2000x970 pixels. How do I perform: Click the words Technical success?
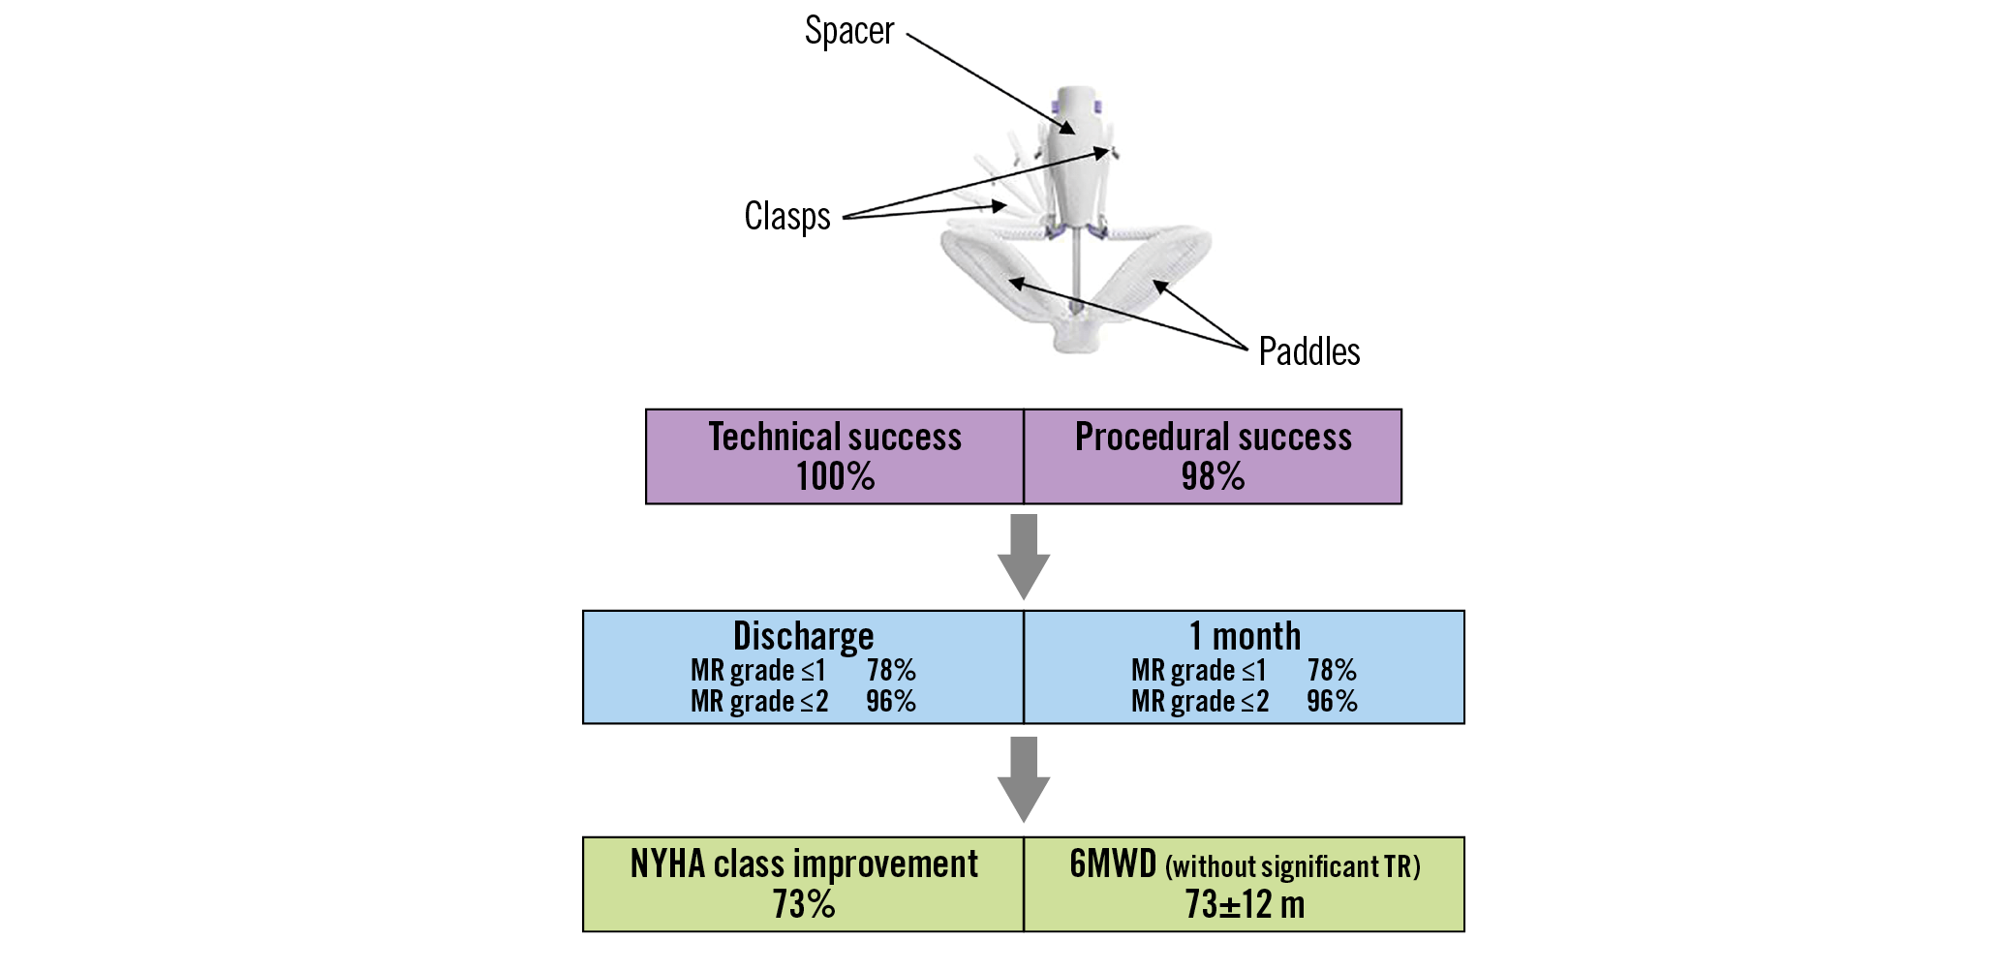tap(835, 438)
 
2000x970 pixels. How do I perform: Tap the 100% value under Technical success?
tap(835, 477)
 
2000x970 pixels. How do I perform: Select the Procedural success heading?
tap(1213, 438)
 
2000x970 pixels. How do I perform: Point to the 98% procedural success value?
tap(1213, 477)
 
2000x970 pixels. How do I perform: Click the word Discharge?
tap(803, 637)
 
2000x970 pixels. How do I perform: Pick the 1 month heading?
tap(1245, 637)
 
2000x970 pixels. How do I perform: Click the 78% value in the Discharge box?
tap(891, 670)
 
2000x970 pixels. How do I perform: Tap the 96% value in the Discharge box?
tap(891, 701)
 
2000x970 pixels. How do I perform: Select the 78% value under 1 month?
tap(1332, 670)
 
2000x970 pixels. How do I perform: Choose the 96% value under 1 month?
tap(1332, 701)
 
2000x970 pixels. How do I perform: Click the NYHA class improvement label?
tap(804, 864)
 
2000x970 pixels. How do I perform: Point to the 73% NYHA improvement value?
tap(804, 905)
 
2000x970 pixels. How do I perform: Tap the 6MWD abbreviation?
tap(1113, 864)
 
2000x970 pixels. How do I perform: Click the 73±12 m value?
tap(1245, 905)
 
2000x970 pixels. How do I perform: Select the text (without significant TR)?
tap(1293, 866)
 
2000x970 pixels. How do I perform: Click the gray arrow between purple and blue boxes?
tap(1024, 557)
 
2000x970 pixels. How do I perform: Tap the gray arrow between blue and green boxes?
tap(1024, 779)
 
